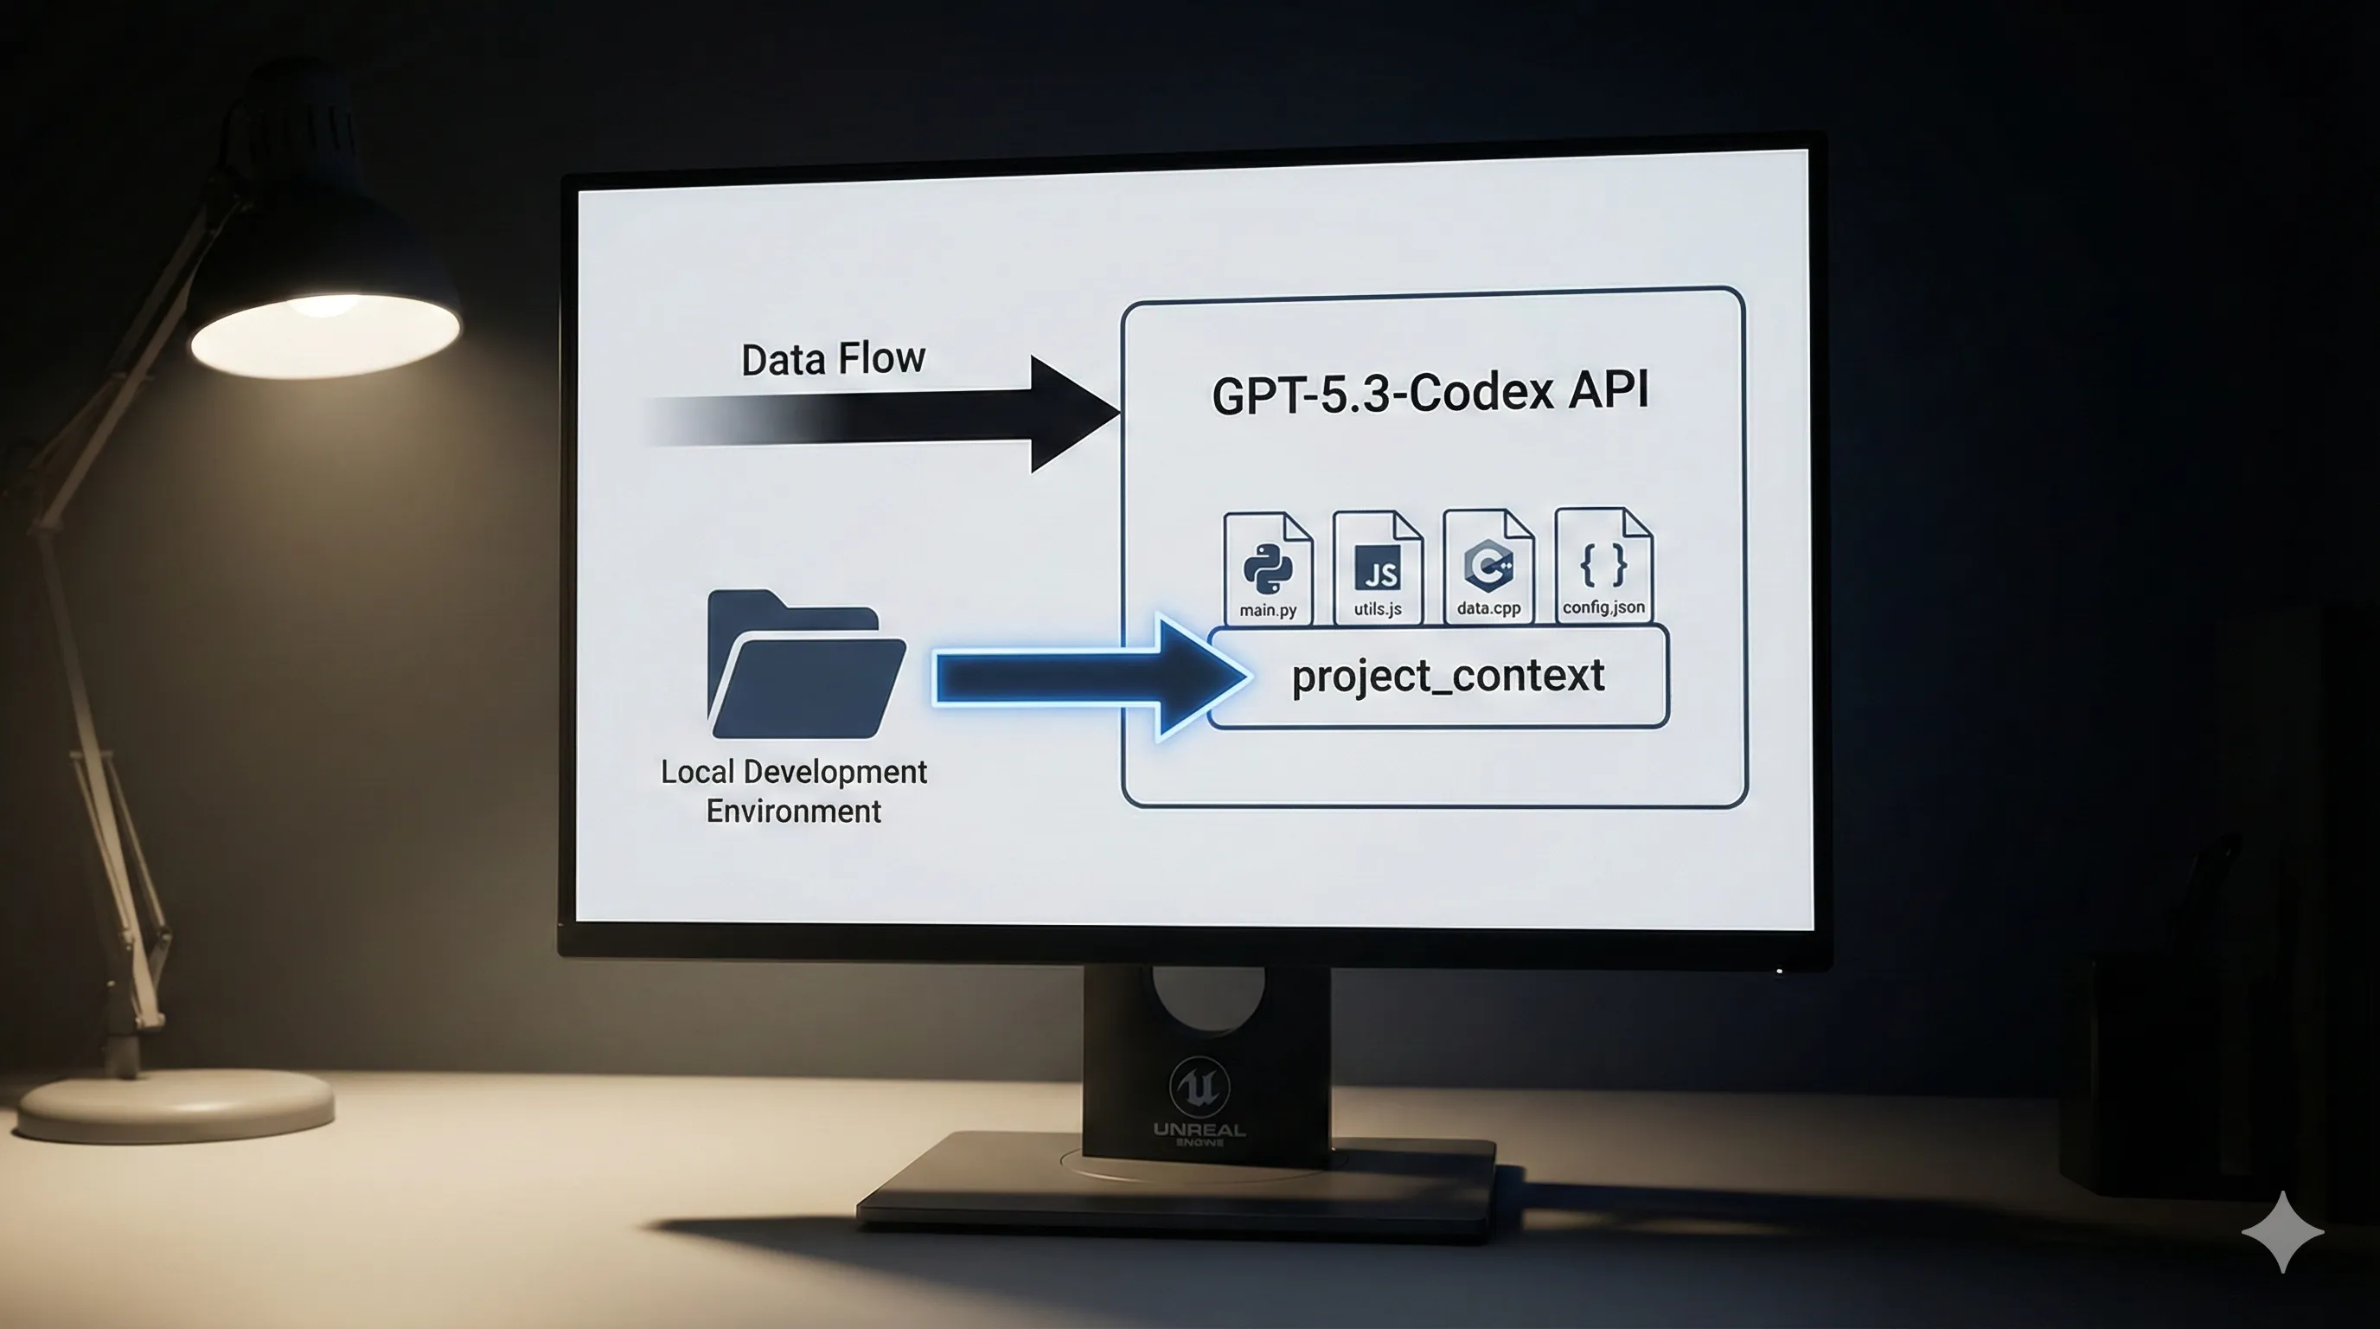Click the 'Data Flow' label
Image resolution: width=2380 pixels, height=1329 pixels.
(833, 358)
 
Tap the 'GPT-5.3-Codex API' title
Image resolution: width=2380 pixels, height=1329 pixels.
(1430, 392)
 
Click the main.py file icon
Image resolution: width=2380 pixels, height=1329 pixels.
(1268, 568)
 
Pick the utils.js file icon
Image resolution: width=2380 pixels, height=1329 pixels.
(1378, 568)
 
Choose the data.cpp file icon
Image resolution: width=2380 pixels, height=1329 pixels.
(1488, 566)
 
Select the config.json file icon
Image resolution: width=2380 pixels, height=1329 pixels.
(1603, 565)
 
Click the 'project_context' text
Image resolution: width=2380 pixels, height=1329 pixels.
(1448, 676)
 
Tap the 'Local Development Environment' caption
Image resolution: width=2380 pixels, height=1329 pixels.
(794, 791)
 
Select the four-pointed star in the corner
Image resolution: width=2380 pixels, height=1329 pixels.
(2282, 1232)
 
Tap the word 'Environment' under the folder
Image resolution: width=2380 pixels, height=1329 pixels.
(794, 812)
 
